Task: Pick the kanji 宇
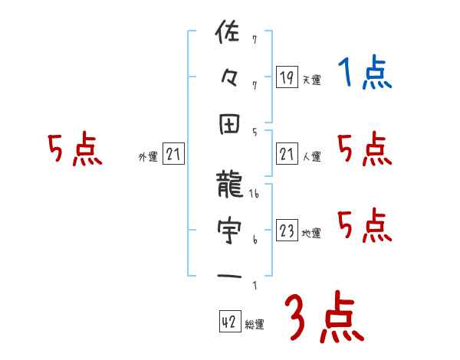click(x=229, y=229)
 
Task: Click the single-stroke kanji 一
click(x=229, y=276)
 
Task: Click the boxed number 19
click(x=287, y=77)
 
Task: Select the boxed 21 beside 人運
click(x=287, y=155)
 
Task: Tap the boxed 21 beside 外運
click(x=173, y=155)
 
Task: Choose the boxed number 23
click(x=287, y=231)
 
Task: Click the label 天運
click(x=311, y=80)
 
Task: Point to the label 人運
click(x=311, y=157)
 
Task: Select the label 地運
click(x=311, y=234)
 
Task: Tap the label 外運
click(x=147, y=157)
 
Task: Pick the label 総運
click(x=255, y=325)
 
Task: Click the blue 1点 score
click(x=365, y=74)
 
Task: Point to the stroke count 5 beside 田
click(x=255, y=131)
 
